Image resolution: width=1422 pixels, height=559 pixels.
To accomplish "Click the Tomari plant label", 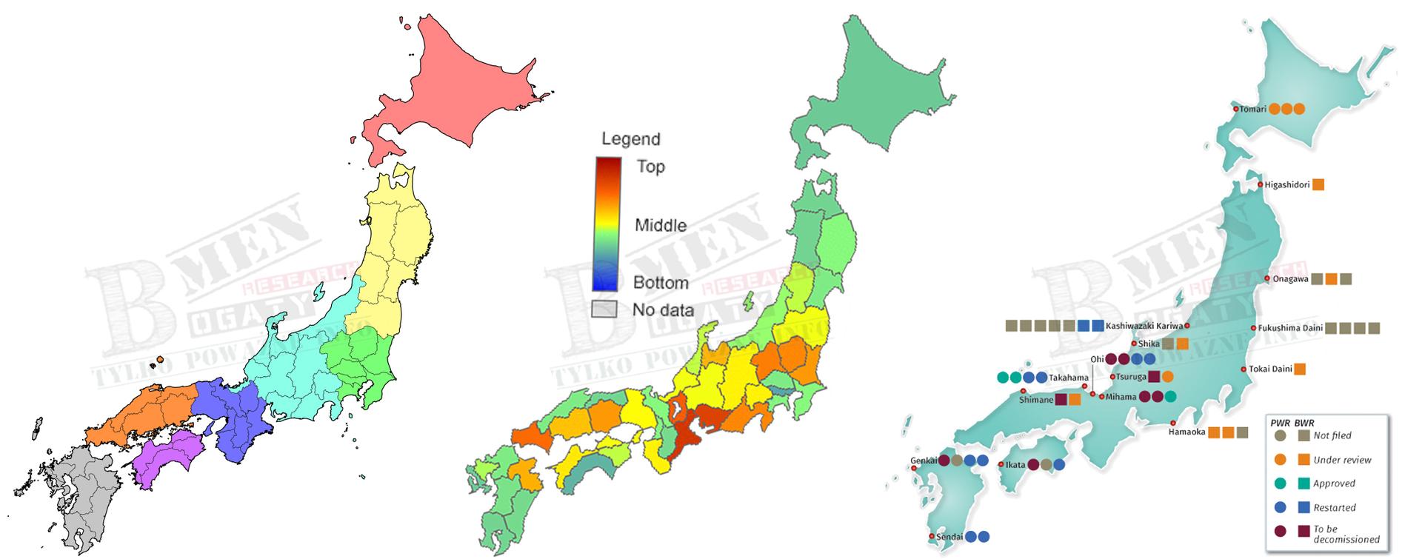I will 1253,109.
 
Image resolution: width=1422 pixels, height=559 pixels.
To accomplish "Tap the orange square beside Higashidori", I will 1318,185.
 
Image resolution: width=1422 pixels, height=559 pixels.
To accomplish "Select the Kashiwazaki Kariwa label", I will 1144,326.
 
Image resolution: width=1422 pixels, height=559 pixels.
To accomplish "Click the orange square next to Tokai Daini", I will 1300,369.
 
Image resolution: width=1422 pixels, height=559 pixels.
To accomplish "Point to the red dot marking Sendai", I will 931,537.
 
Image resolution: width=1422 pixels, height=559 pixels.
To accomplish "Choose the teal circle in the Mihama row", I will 1170,396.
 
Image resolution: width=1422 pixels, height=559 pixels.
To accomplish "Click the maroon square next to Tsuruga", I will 1154,377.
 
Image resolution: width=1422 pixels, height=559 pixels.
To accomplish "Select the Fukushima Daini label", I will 1289,328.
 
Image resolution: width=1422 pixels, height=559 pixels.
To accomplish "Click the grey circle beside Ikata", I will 1046,465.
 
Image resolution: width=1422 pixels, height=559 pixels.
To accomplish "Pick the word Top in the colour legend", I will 651,167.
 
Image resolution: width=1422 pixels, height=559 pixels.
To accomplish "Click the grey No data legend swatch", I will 604,309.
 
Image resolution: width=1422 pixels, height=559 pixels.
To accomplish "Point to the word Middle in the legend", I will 661,225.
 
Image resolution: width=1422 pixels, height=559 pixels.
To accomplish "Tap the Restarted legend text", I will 1335,508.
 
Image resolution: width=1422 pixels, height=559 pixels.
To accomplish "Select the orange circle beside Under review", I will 1280,460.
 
